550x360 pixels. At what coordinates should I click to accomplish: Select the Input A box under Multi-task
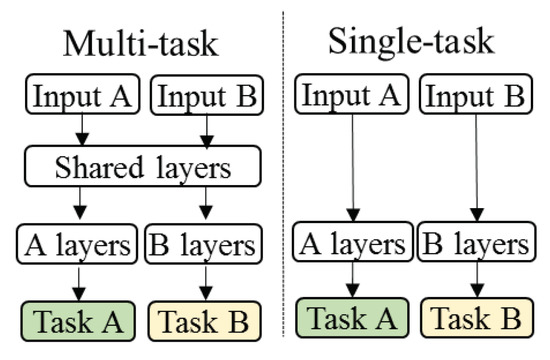tap(79, 96)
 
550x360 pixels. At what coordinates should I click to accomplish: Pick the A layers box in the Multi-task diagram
tap(78, 244)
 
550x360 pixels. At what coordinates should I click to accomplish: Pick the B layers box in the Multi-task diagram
tap(203, 244)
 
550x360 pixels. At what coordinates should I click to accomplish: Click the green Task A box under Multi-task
tap(78, 321)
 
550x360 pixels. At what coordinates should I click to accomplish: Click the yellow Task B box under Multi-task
tap(204, 321)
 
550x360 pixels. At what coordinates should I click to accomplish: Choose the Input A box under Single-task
tap(350, 97)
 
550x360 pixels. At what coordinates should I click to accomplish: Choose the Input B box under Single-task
tap(476, 97)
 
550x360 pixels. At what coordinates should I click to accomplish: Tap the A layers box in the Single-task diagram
tap(350, 243)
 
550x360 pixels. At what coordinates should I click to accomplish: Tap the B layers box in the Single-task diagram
tap(477, 243)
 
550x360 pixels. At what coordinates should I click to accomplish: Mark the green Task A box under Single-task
tap(350, 319)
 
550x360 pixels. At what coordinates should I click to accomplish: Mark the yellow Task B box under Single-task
tap(477, 319)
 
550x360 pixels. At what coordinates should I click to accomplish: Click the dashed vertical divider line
tap(280, 180)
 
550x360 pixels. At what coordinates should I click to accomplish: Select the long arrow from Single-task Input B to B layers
tap(476, 170)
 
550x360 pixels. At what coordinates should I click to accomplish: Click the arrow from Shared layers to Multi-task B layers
tap(204, 206)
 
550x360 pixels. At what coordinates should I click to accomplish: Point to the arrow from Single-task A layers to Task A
tap(350, 281)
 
